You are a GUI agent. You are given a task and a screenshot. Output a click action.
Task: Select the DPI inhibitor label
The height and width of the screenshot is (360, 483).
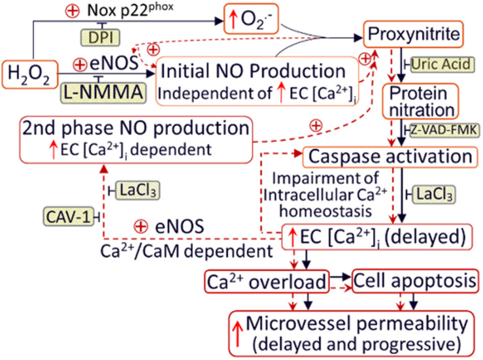pos(97,38)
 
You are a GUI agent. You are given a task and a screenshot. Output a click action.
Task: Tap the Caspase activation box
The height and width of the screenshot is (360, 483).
pos(390,157)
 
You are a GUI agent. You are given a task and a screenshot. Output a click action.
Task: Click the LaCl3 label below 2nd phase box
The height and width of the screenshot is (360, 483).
pos(138,190)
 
